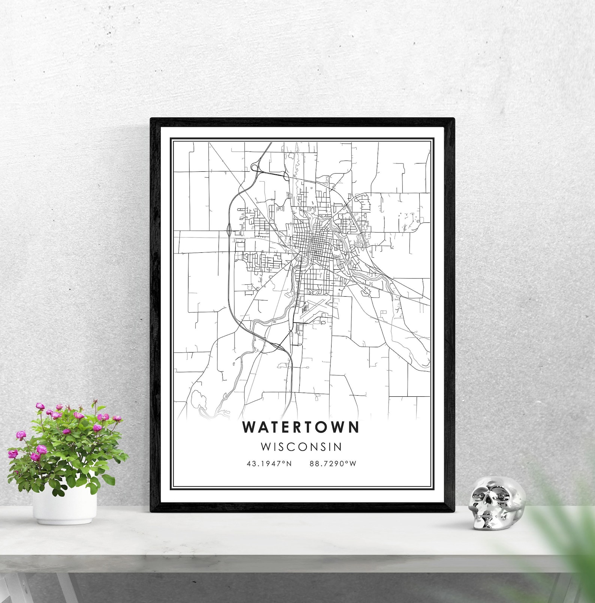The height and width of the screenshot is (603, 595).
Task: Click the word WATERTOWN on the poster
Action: click(301, 427)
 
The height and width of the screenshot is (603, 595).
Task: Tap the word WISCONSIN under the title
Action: click(301, 447)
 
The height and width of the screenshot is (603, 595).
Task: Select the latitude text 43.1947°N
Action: click(269, 463)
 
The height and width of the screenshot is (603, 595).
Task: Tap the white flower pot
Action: click(64, 507)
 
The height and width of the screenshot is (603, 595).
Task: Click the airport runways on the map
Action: click(317, 309)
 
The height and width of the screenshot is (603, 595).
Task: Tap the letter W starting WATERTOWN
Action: click(249, 427)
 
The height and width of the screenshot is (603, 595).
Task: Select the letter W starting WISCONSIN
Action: click(266, 447)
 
